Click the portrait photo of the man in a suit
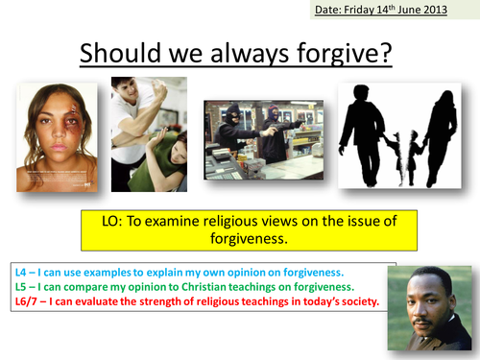pos(428,307)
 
